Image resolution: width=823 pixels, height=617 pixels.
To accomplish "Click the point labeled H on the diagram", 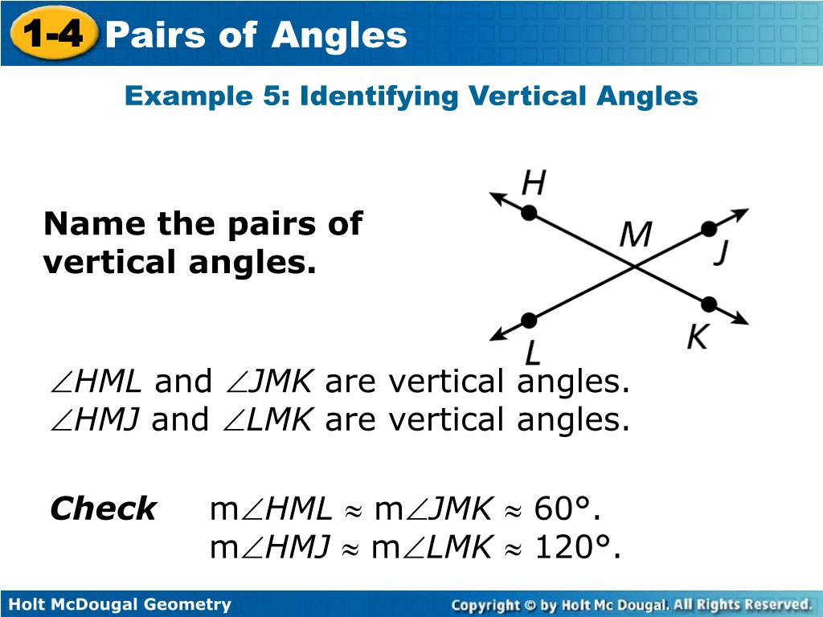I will point(529,212).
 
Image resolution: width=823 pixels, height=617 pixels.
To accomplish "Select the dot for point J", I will point(708,230).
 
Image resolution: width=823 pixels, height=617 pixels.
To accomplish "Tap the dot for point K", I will point(708,304).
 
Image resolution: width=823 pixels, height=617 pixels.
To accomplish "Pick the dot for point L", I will point(528,321).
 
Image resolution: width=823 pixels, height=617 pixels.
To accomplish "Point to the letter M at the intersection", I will point(635,236).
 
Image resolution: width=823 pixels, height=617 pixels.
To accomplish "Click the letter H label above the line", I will point(533,184).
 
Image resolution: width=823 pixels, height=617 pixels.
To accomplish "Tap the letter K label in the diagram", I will point(696,337).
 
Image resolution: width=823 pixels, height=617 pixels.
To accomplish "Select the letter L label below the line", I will point(533,352).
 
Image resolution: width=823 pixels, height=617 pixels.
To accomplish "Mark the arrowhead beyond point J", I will point(741,215).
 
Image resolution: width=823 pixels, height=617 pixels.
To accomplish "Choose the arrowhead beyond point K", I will point(740,319).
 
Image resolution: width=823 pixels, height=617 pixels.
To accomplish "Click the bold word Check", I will point(103,509).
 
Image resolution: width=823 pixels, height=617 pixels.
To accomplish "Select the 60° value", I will point(567,509).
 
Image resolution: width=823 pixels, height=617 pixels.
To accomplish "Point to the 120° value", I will point(576,547).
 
